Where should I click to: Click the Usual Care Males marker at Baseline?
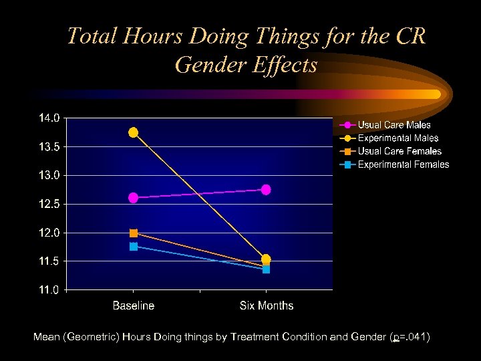[134, 198]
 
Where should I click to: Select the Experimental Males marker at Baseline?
[134, 132]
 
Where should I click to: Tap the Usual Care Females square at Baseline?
[134, 233]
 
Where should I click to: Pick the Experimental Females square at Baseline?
[134, 247]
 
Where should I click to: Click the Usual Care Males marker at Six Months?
[266, 190]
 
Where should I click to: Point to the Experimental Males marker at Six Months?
[266, 259]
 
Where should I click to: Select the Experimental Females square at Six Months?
[266, 269]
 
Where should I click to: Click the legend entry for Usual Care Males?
[394, 125]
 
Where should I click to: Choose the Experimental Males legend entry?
[398, 138]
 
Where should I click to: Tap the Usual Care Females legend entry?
[399, 152]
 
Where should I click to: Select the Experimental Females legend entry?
[404, 164]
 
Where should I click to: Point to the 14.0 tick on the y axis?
[49, 118]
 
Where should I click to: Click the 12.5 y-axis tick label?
[49, 204]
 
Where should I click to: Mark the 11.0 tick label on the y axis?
[49, 290]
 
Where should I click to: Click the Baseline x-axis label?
[134, 306]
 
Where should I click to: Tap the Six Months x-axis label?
[267, 306]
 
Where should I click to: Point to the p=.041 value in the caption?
[411, 338]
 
